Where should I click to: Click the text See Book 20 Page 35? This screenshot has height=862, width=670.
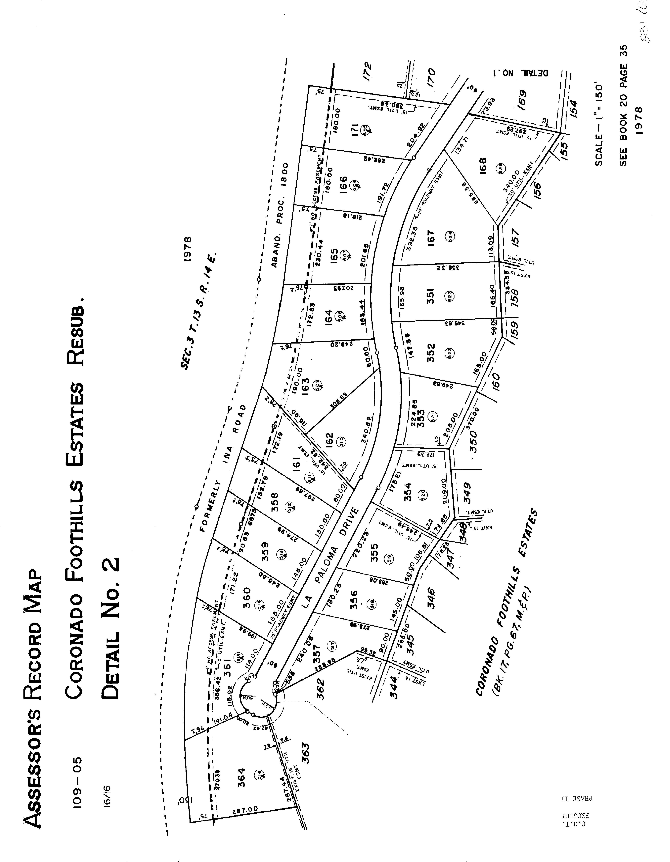tap(623, 106)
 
